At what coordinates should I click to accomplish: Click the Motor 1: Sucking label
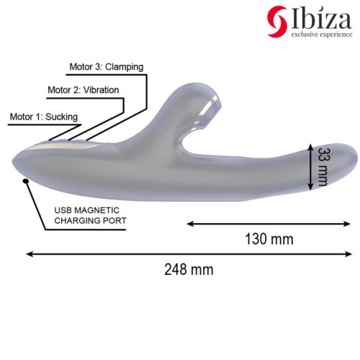[43, 116]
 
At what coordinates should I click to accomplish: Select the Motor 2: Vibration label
[83, 91]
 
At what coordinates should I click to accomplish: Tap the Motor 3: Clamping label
[106, 67]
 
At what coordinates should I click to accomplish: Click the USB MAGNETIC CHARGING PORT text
[90, 216]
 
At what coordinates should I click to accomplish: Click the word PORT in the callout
[114, 221]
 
